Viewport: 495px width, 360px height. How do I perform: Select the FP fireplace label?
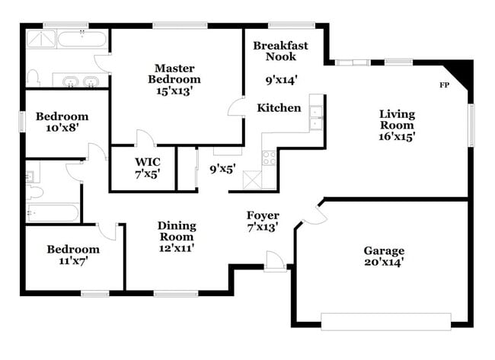444,84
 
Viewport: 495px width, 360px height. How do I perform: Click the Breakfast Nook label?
280,51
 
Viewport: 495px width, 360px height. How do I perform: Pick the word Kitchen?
278,108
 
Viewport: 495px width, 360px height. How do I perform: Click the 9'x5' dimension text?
223,169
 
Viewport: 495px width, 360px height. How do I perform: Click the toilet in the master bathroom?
33,77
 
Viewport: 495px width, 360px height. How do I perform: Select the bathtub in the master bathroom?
81,40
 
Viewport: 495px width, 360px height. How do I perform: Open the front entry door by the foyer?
275,261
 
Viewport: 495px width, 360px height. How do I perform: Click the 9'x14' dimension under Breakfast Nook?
281,78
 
